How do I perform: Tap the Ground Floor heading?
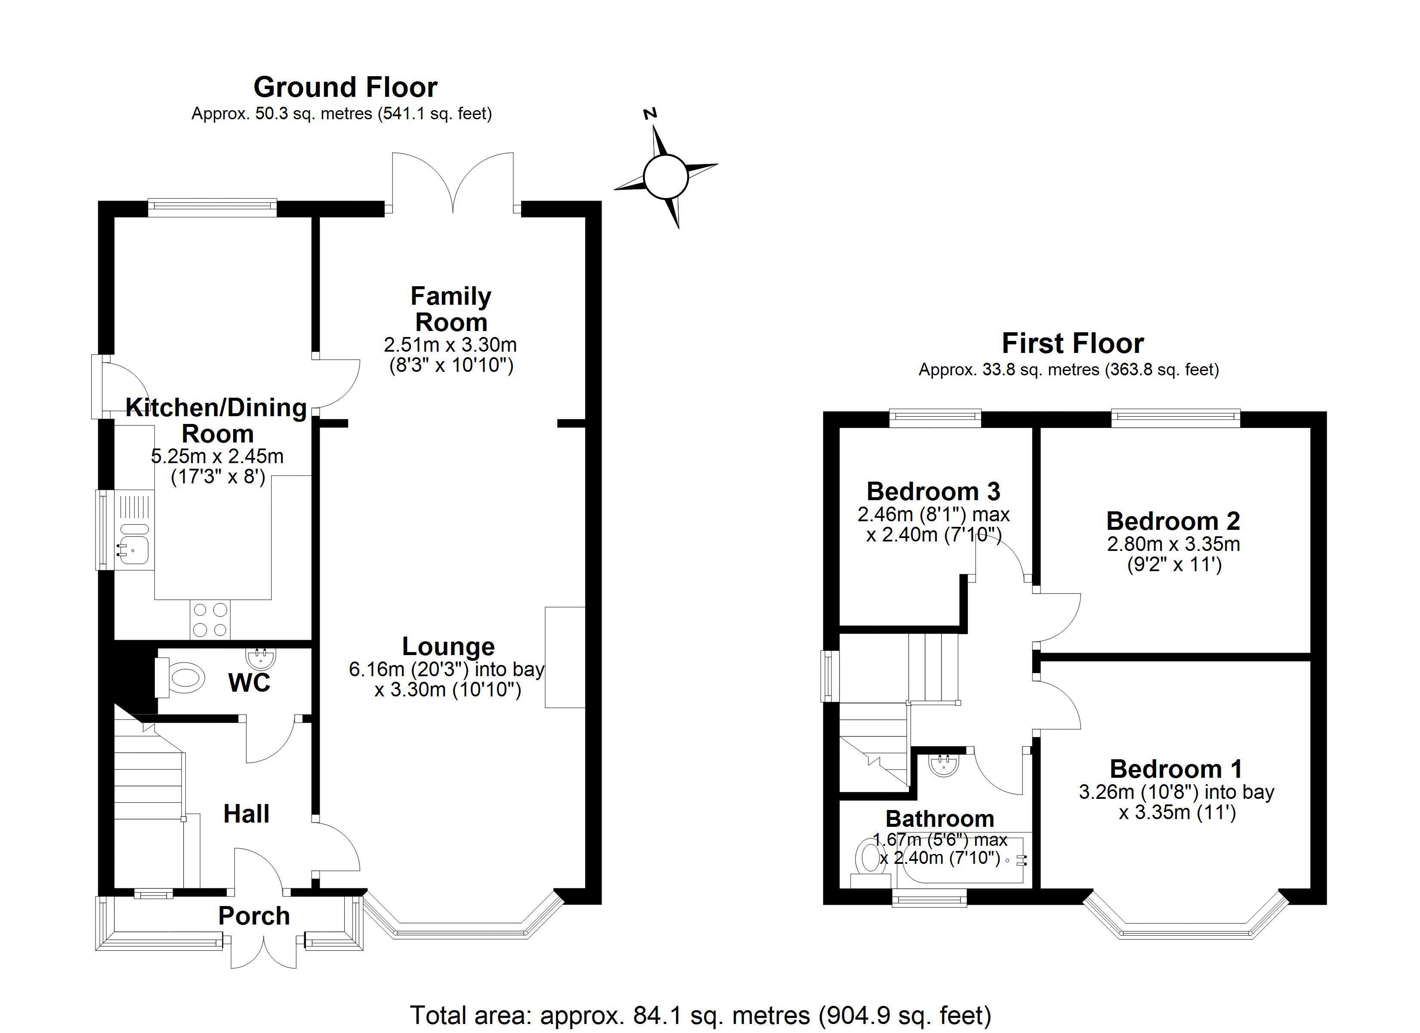point(345,87)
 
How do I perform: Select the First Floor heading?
point(1072,343)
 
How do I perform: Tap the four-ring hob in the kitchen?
point(210,619)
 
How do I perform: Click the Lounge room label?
point(448,646)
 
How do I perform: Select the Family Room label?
point(451,309)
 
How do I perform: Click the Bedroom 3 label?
point(933,491)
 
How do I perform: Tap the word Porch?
point(253,916)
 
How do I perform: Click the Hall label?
point(246,814)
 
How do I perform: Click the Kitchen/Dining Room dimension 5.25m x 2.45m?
point(217,456)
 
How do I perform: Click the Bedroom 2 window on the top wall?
point(1175,418)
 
